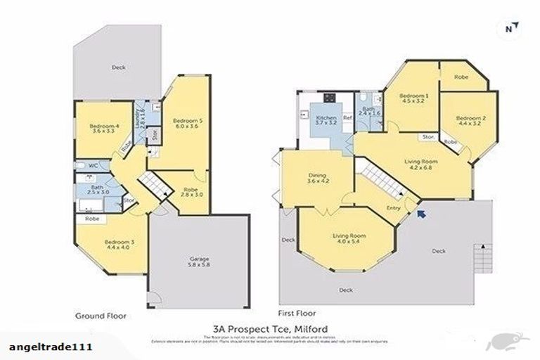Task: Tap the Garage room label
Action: (x=200, y=261)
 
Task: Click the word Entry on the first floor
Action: (x=395, y=208)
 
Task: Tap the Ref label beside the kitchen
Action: (x=347, y=118)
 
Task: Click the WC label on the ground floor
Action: (x=91, y=166)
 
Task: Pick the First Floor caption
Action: (x=297, y=314)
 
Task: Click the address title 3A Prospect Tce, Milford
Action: (x=270, y=328)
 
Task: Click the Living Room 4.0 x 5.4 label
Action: (x=346, y=238)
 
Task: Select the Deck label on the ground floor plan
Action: (x=118, y=67)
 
